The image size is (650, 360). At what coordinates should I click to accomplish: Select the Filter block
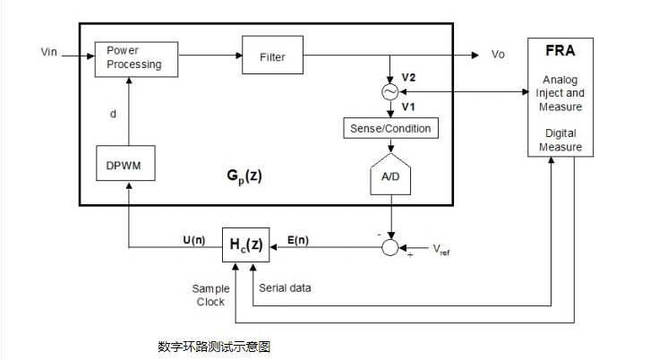click(272, 57)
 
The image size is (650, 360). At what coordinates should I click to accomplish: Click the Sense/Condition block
click(389, 129)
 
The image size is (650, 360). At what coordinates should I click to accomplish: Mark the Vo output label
click(499, 55)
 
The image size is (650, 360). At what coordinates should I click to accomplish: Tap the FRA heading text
click(560, 52)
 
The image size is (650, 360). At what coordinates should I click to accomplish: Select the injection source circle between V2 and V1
click(390, 92)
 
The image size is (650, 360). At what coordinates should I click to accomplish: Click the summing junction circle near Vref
click(389, 245)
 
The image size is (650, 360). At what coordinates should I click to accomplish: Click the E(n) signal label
click(300, 239)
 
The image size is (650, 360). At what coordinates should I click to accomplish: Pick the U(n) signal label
click(192, 239)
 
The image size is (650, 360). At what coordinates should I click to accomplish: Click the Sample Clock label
click(210, 295)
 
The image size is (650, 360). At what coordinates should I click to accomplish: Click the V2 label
click(408, 78)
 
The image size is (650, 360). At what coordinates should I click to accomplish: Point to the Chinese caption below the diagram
click(213, 346)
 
